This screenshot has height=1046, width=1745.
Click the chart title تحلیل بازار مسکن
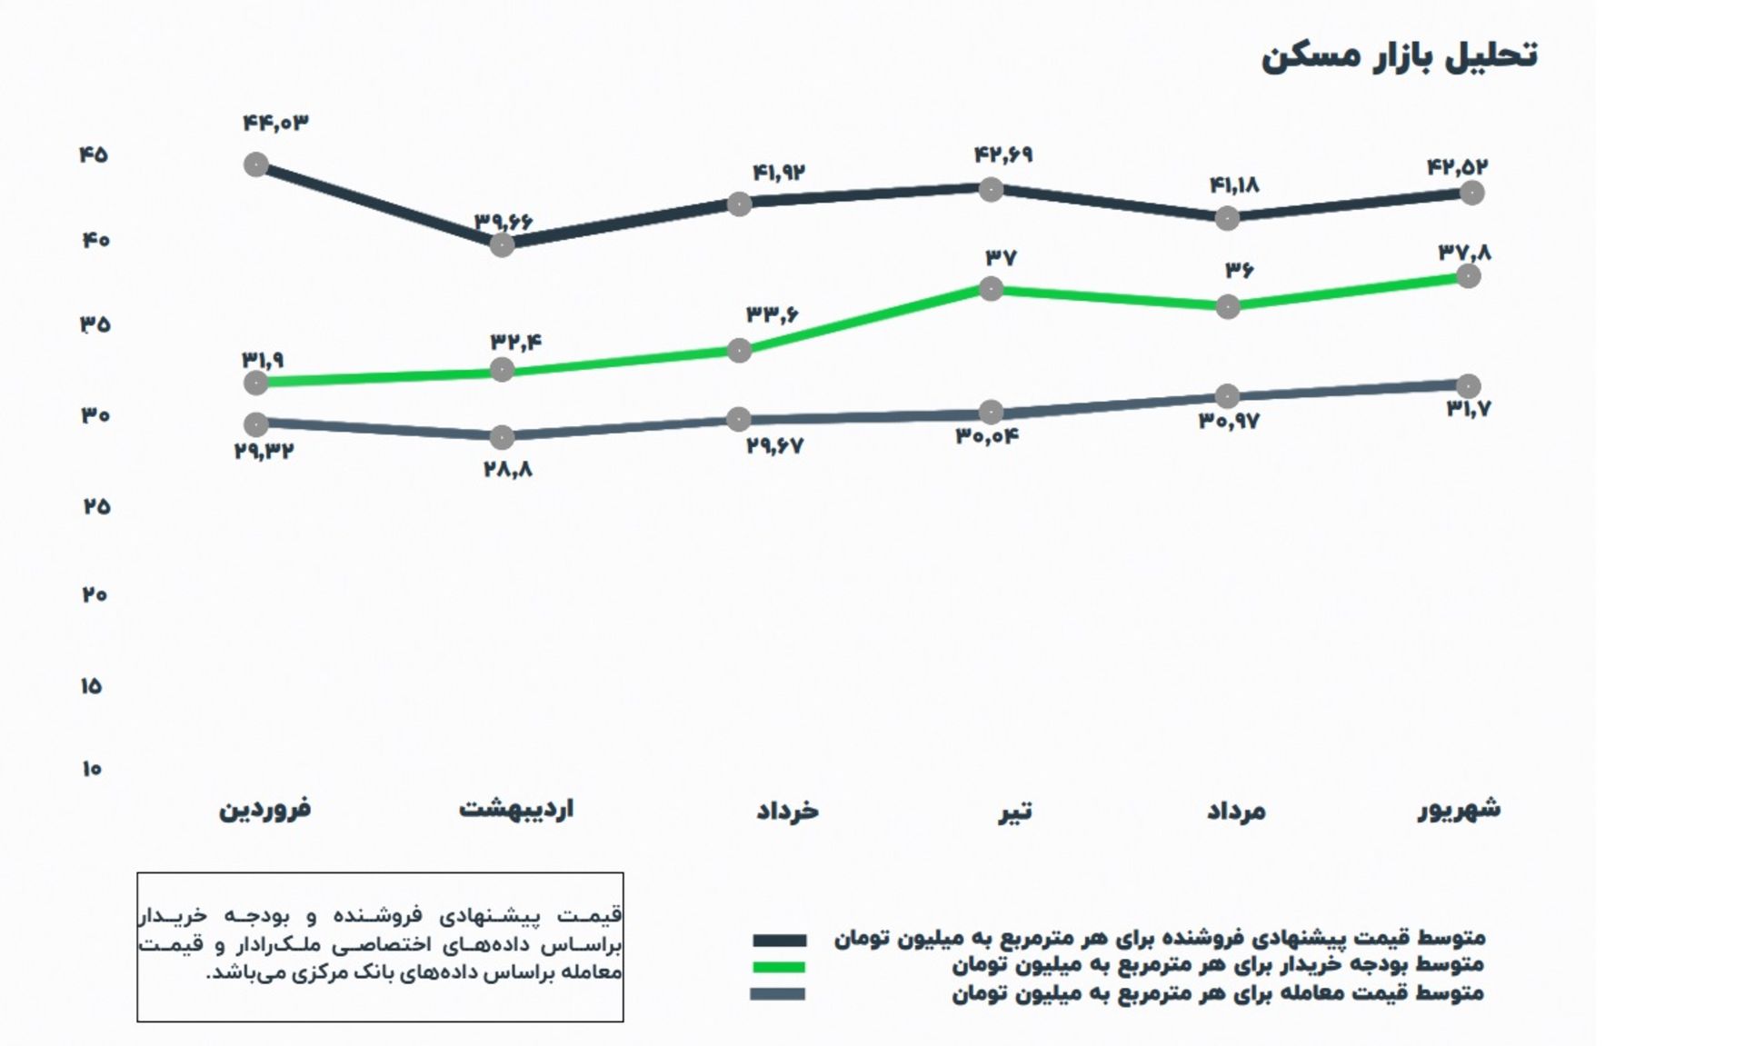[1399, 55]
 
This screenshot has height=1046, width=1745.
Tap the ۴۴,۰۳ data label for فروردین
[276, 123]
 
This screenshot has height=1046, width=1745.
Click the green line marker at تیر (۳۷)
[991, 289]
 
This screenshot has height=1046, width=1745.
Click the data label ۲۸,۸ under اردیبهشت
[508, 470]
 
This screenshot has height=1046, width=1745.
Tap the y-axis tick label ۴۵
[94, 154]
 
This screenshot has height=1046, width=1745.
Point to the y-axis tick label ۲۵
[95, 506]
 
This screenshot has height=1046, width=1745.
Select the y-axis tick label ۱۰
[92, 769]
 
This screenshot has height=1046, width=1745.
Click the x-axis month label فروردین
[265, 808]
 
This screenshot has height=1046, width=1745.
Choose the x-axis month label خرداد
[788, 810]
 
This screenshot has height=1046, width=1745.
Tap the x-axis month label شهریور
[1460, 808]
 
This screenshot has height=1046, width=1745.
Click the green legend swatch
[779, 967]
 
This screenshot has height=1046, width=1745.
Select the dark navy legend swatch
[779, 941]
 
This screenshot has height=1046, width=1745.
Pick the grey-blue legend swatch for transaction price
[778, 994]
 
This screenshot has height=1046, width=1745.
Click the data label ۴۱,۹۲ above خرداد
[779, 173]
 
